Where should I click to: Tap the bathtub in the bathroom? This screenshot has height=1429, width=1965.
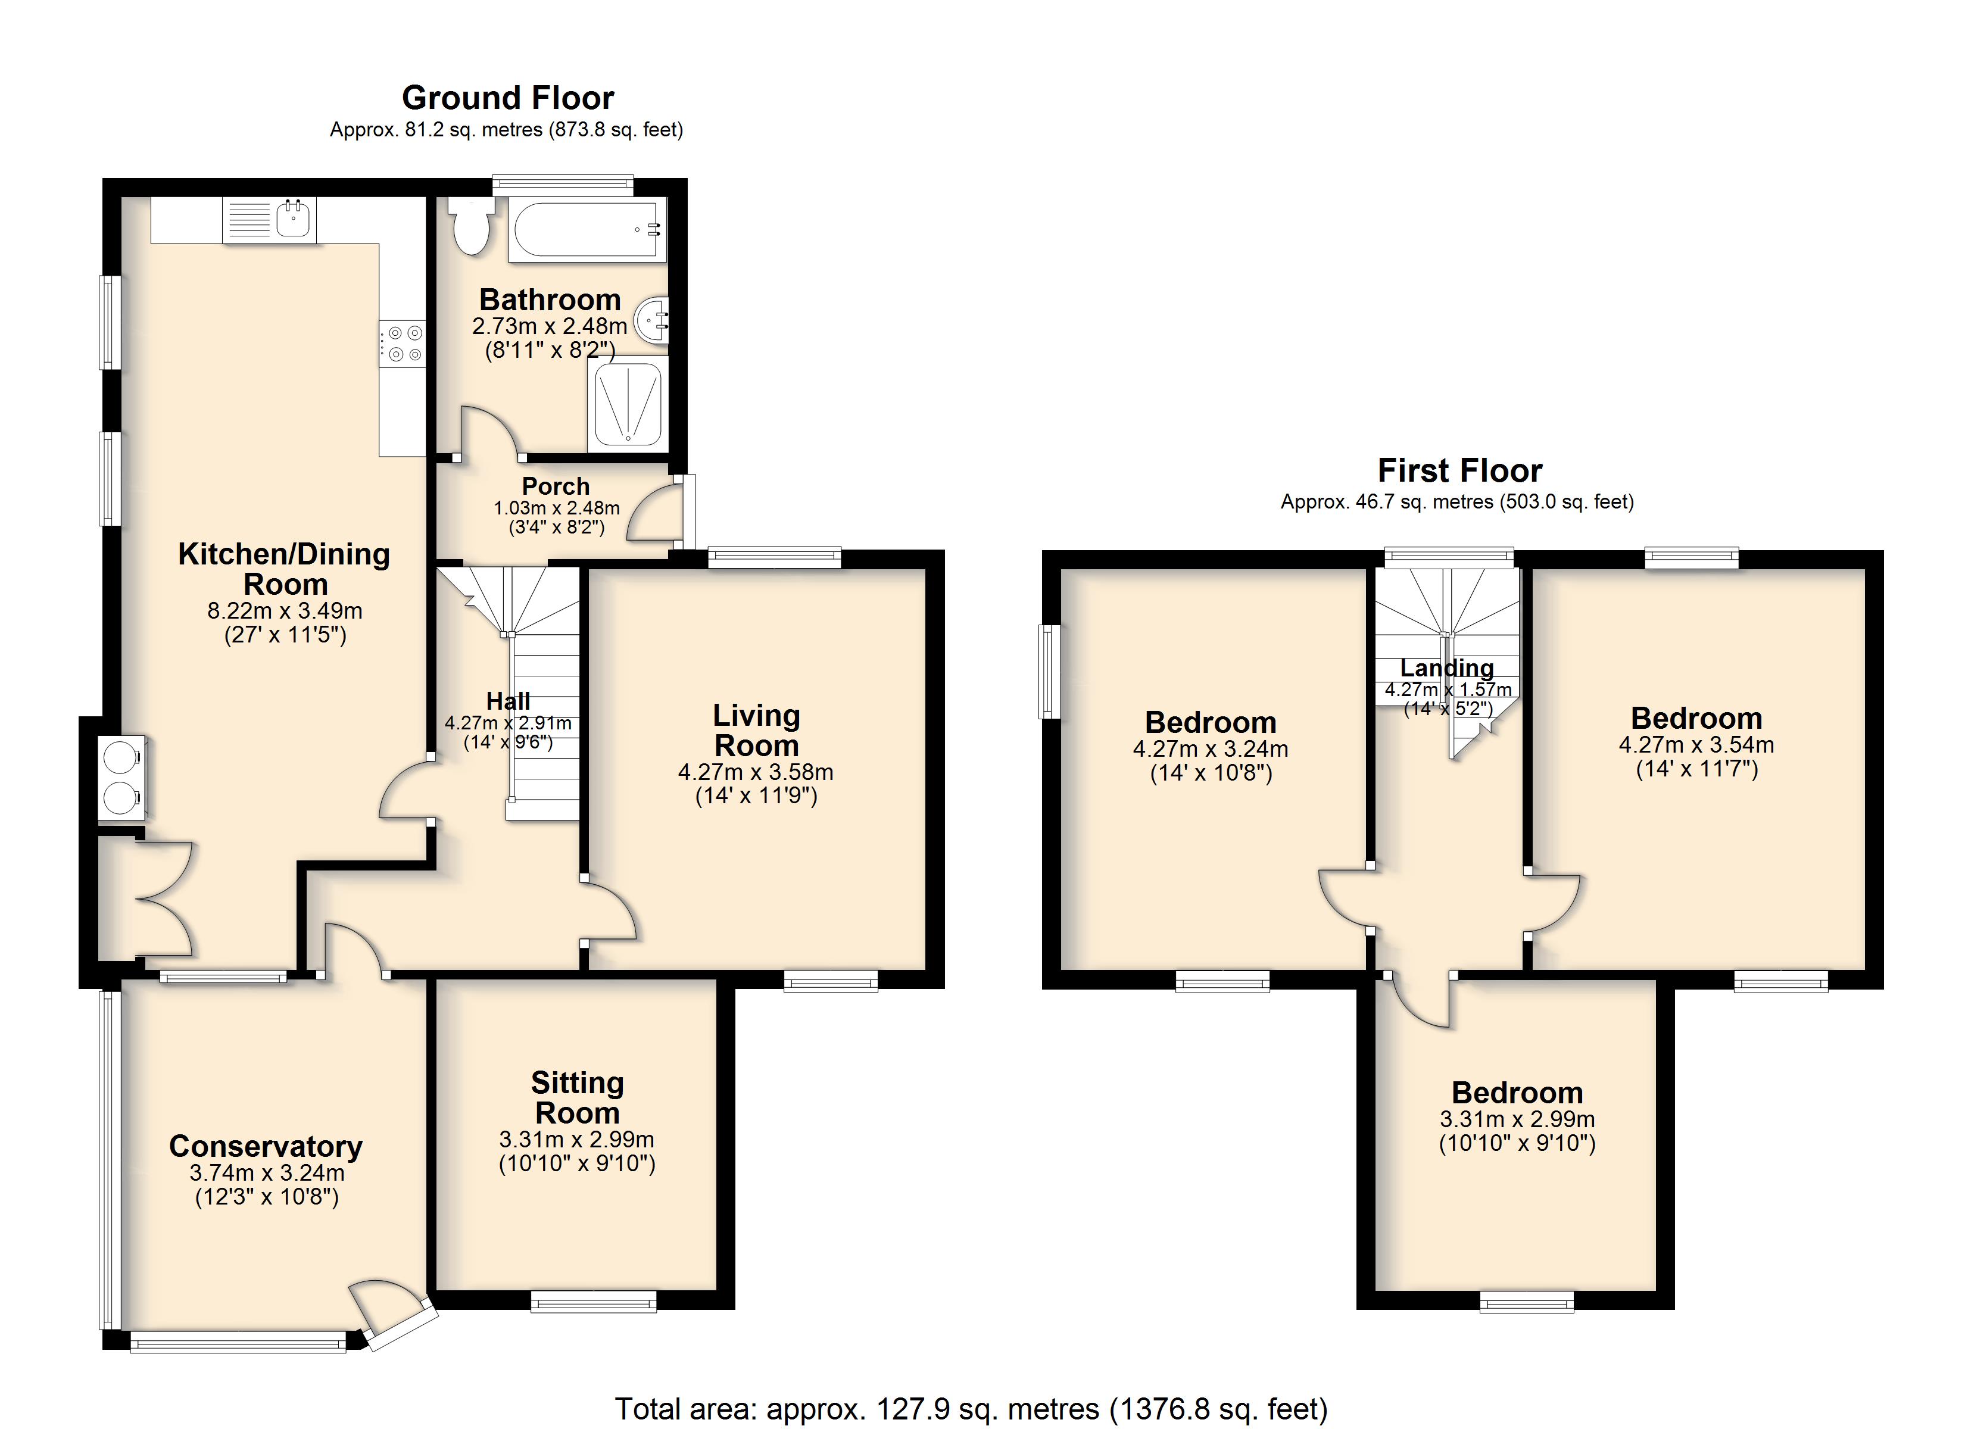pos(588,229)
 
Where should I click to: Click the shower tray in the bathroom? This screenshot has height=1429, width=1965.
pos(627,405)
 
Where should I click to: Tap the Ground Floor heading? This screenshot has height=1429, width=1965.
pos(508,98)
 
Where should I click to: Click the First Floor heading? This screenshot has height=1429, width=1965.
pos(1460,470)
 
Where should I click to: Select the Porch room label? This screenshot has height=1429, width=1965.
pos(556,486)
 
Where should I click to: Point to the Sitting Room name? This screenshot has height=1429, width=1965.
pos(577,1097)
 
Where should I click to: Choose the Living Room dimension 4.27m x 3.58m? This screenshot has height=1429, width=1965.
pos(756,771)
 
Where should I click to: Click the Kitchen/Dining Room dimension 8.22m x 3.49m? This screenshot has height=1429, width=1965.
pos(284,610)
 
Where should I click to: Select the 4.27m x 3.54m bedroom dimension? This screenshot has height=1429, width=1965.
pos(1696,744)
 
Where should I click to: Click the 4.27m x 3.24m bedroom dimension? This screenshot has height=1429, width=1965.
pos(1211,748)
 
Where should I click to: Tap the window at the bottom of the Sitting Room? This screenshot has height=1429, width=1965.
pos(594,1302)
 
